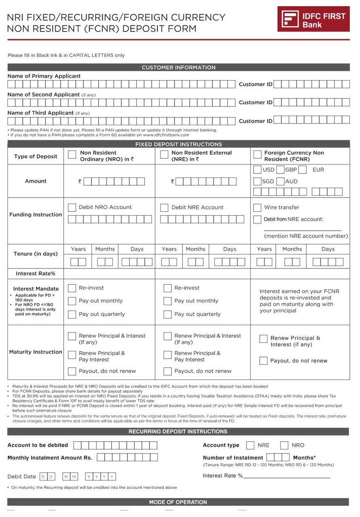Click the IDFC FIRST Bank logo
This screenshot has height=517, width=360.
[x=313, y=19]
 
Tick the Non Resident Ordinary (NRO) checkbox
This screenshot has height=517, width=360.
[x=72, y=154]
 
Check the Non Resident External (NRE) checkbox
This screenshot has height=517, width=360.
[x=164, y=154]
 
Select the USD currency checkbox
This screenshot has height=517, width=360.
[x=257, y=169]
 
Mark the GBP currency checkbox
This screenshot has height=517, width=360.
[x=280, y=169]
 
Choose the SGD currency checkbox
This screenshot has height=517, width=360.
[x=257, y=181]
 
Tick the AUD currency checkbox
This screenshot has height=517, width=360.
[x=280, y=181]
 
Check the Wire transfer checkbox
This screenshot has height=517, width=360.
[x=257, y=208]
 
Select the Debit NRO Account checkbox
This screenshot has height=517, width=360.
[x=72, y=208]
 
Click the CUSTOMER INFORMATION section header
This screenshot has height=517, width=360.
[x=178, y=67]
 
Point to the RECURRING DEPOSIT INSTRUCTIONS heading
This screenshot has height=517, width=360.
[x=178, y=432]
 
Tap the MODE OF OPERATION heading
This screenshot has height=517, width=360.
[x=178, y=502]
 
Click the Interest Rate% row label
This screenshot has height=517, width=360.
[x=36, y=274]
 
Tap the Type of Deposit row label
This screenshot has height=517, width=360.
[x=36, y=156]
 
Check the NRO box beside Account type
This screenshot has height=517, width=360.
[x=284, y=445]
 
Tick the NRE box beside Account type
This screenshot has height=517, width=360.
[x=250, y=445]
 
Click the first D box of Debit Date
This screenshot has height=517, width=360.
[x=43, y=477]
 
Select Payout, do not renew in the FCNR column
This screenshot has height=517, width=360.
[x=263, y=361]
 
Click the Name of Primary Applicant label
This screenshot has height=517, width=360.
[x=44, y=76]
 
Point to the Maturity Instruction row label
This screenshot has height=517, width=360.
[x=36, y=352]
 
